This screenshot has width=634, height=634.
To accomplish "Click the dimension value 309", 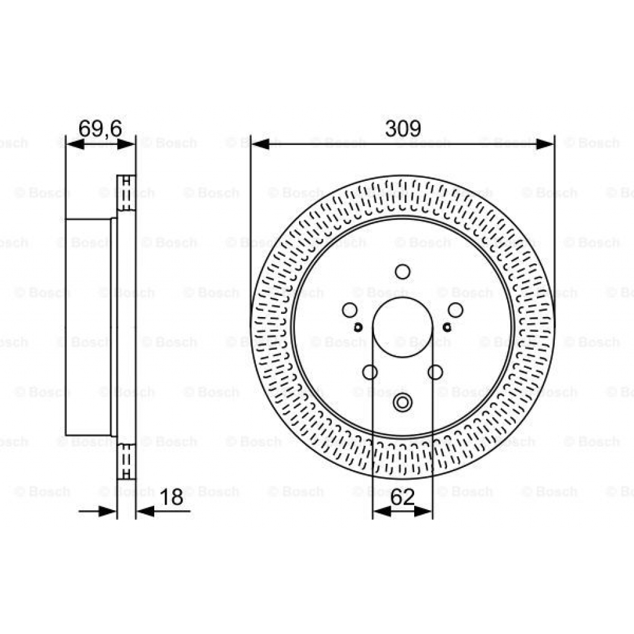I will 402,128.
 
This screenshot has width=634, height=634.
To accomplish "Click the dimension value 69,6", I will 100,128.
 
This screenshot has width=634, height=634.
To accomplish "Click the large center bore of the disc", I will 402,326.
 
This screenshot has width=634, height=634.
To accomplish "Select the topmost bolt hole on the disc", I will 402,272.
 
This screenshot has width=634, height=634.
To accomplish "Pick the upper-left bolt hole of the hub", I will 349,310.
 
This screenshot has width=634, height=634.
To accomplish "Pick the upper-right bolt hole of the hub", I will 456,310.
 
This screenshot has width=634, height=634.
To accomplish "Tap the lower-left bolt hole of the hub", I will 370,371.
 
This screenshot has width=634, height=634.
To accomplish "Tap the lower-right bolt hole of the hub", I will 435,371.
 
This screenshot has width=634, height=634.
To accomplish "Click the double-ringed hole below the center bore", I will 402,402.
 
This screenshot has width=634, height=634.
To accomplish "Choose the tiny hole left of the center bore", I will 358,326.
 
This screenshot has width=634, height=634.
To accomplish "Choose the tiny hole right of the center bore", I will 447,326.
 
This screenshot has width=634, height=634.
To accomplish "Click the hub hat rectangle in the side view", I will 88,327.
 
